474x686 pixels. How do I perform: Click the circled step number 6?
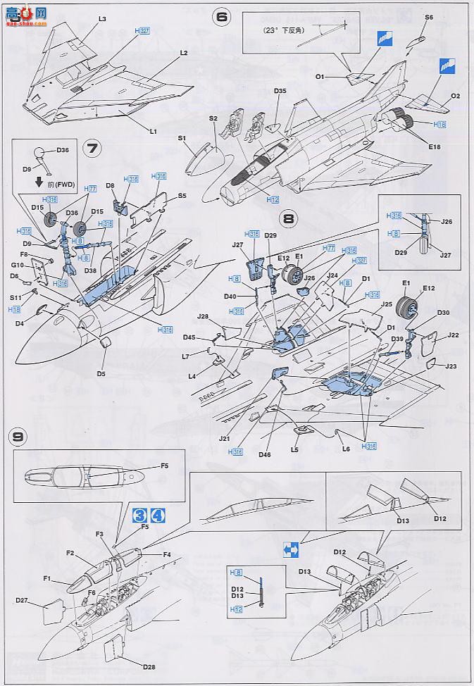tap(223, 18)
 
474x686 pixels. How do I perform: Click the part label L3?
tap(102, 18)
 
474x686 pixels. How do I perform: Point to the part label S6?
tap(429, 16)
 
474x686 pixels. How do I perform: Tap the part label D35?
tap(280, 91)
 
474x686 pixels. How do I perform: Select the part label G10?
tap(17, 265)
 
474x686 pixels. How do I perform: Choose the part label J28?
tap(204, 317)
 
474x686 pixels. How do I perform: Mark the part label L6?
tap(345, 449)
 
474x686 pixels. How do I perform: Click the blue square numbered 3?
tap(138, 515)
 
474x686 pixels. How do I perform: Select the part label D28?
tap(147, 666)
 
